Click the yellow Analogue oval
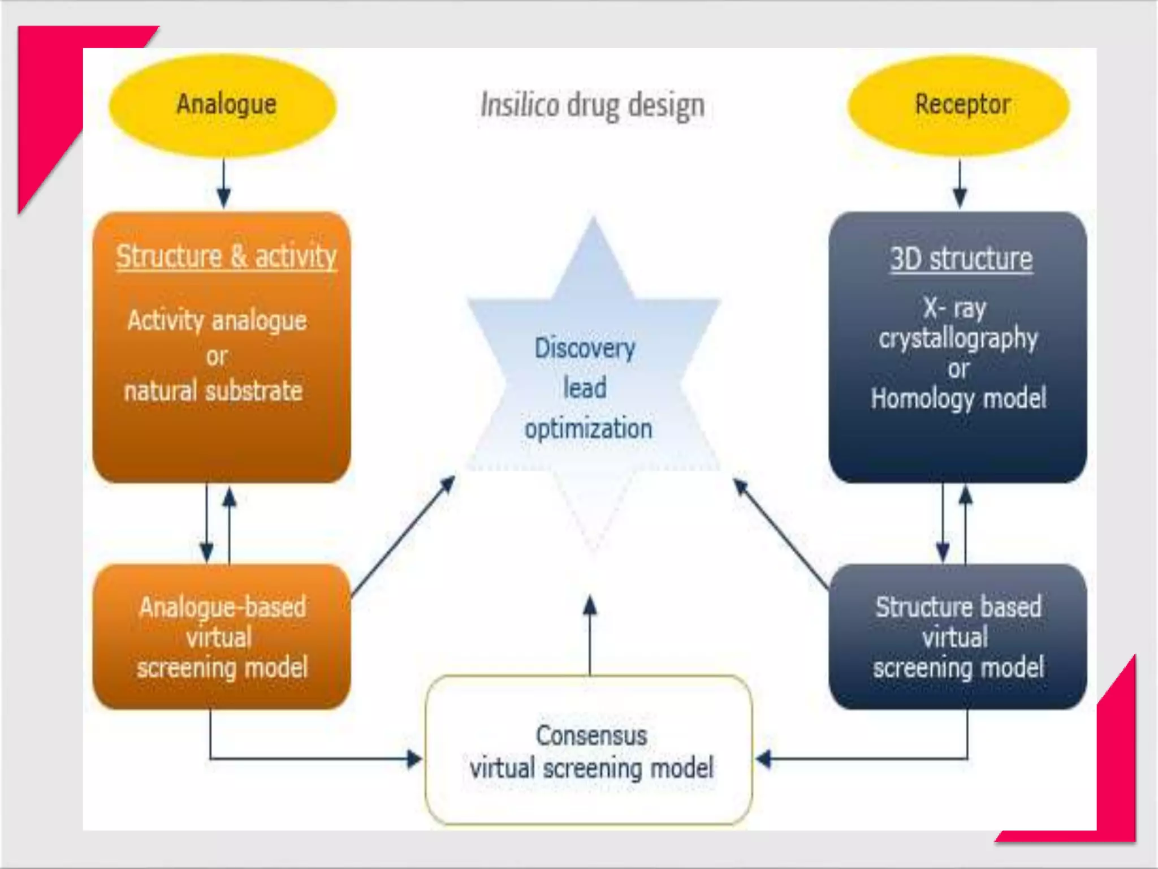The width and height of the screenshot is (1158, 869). tap(223, 105)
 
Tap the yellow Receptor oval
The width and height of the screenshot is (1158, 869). tap(959, 105)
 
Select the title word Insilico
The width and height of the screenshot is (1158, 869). tap(519, 105)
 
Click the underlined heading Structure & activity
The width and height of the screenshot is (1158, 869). tap(226, 256)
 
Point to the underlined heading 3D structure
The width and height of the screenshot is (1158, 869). tap(961, 259)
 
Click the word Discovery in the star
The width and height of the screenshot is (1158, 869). tap(585, 347)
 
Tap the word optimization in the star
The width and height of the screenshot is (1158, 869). tap(589, 428)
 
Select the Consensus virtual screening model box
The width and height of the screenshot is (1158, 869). tap(589, 750)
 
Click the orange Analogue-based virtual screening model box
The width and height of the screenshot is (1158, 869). tap(222, 636)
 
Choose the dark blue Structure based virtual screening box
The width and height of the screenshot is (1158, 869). tap(957, 636)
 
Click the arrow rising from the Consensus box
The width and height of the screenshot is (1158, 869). tap(590, 634)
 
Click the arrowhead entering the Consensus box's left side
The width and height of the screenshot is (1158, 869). tap(414, 759)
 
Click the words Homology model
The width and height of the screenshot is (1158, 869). tap(958, 398)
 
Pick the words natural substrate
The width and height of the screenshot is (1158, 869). tap(214, 391)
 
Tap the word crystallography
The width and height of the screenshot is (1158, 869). tap(958, 339)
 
